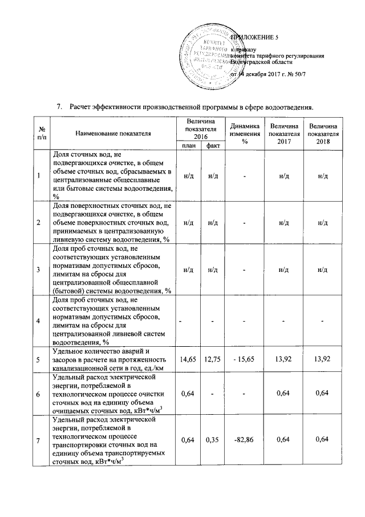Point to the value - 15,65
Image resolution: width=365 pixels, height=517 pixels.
click(244, 359)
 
